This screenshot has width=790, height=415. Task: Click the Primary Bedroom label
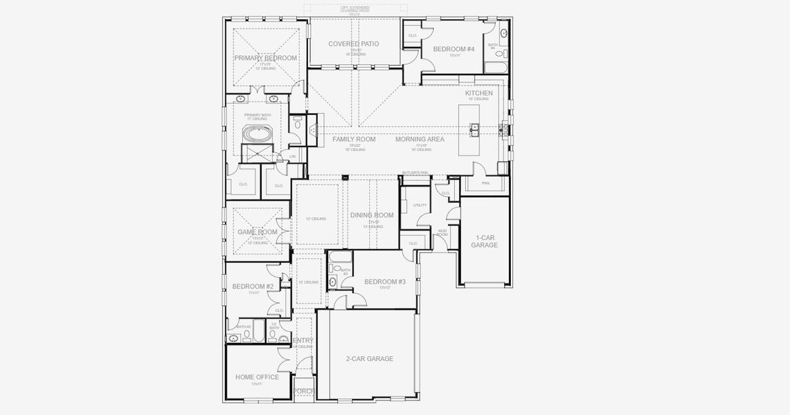pos(265,58)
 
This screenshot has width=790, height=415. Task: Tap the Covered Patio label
pos(354,44)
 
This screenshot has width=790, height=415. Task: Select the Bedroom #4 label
pos(454,49)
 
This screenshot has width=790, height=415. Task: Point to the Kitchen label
pos(478,93)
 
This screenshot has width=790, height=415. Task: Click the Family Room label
pos(354,139)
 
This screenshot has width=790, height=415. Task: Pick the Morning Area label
pos(420,139)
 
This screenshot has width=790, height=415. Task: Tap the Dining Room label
pos(372,215)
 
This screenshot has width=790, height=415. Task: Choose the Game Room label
pos(258,232)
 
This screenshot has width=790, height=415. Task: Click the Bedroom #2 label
pos(253,286)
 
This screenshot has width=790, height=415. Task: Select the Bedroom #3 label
pos(385,282)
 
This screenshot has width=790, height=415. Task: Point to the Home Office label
pos(257,377)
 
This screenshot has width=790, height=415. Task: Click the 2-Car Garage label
pos(370,358)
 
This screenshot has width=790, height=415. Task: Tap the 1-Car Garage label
pos(485,241)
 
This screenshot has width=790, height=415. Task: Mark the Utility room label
pos(420,205)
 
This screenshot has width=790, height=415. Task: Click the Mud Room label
pos(442,234)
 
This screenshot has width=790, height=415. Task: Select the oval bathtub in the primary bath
pos(256,133)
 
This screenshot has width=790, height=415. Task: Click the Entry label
pos(303,340)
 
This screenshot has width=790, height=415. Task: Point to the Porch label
pos(304,391)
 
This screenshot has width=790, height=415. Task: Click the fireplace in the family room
pos(313,129)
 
